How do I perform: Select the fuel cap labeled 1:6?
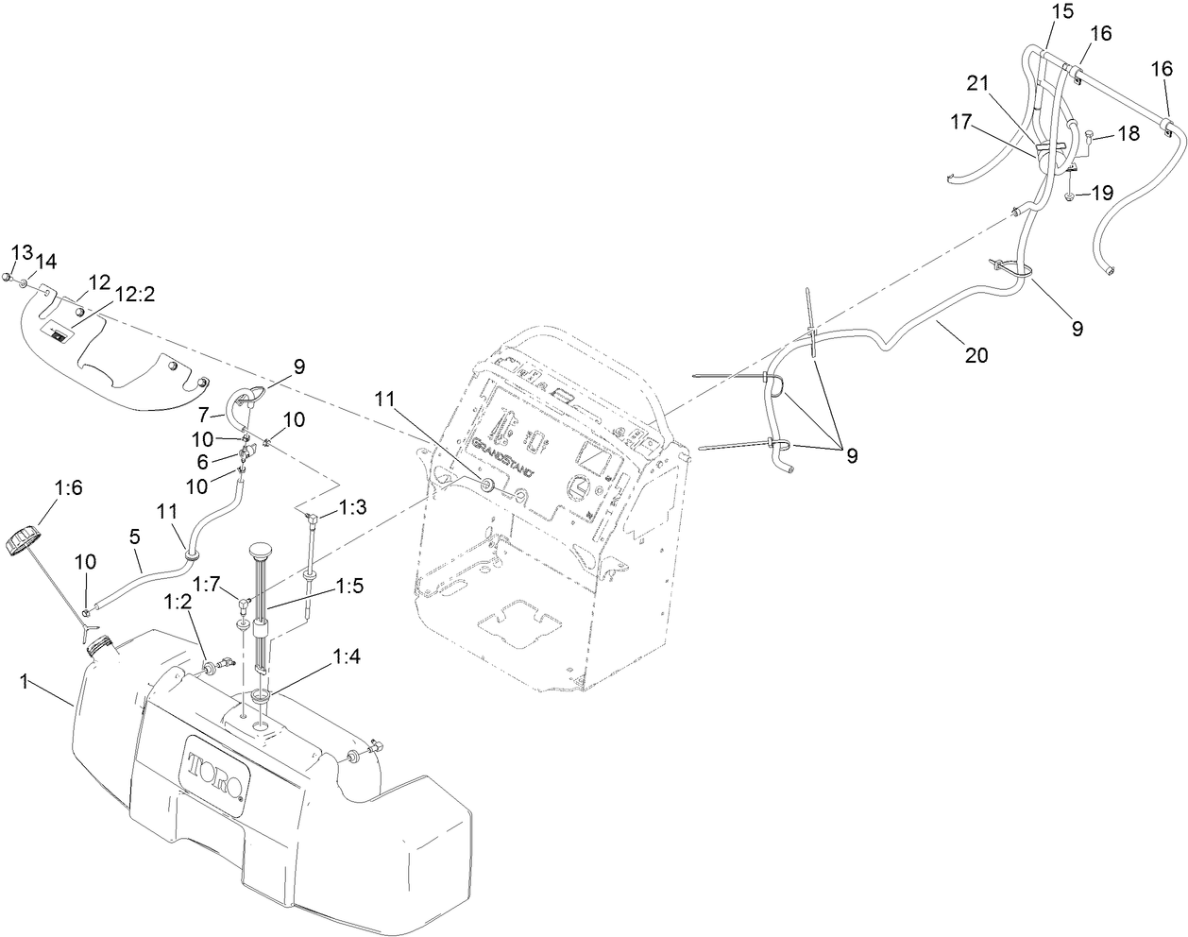pyautogui.click(x=25, y=543)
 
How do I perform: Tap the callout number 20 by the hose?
pyautogui.click(x=976, y=355)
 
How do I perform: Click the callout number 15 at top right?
pyautogui.click(x=1063, y=14)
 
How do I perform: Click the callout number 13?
pyautogui.click(x=22, y=252)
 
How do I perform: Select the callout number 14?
pyautogui.click(x=46, y=260)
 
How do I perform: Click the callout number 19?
pyautogui.click(x=1101, y=194)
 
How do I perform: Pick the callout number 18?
pyautogui.click(x=1128, y=135)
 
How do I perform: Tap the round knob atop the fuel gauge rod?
pyautogui.click(x=261, y=550)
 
